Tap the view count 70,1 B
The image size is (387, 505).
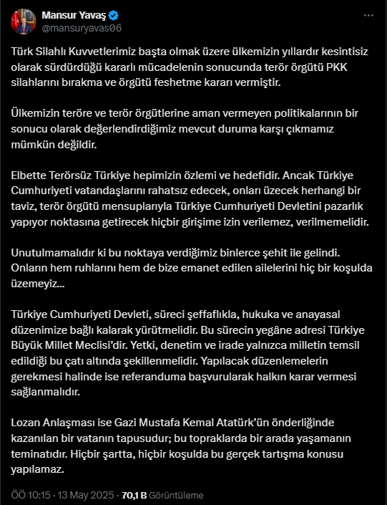[x=134, y=494]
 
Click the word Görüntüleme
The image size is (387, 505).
[x=177, y=494]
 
